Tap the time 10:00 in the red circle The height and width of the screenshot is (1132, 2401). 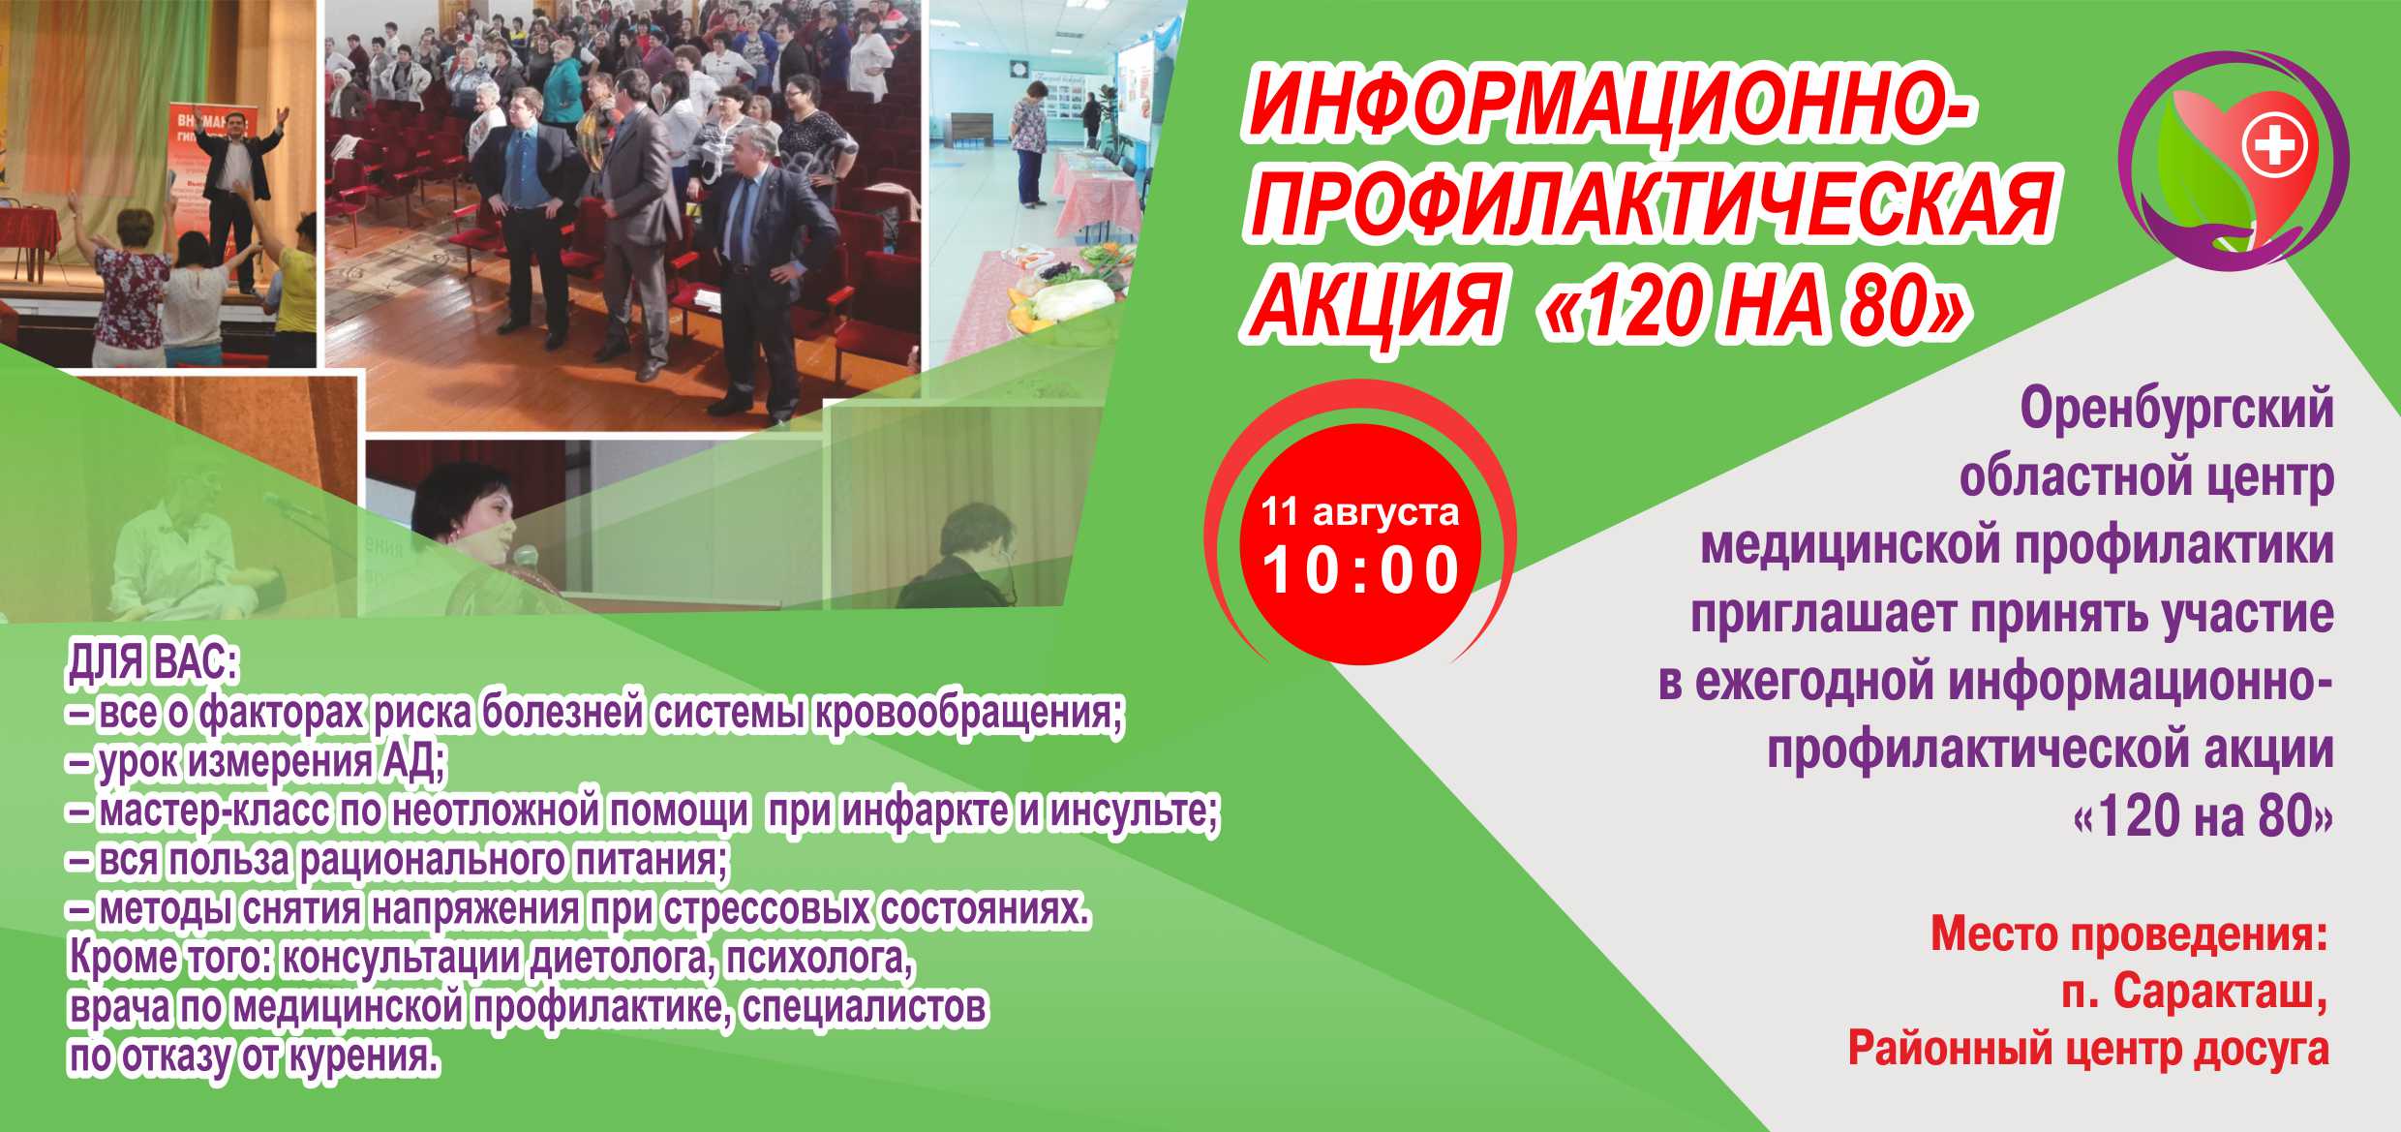[1361, 570]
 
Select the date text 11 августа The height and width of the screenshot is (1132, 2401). [1359, 511]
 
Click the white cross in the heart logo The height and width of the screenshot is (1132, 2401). [2275, 148]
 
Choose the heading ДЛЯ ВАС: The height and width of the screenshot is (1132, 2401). [153, 664]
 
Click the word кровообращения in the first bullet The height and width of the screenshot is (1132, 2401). [968, 714]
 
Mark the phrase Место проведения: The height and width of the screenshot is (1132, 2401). [2129, 934]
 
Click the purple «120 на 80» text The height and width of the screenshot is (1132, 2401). [2203, 816]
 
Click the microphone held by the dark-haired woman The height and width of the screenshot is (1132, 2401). [524, 557]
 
